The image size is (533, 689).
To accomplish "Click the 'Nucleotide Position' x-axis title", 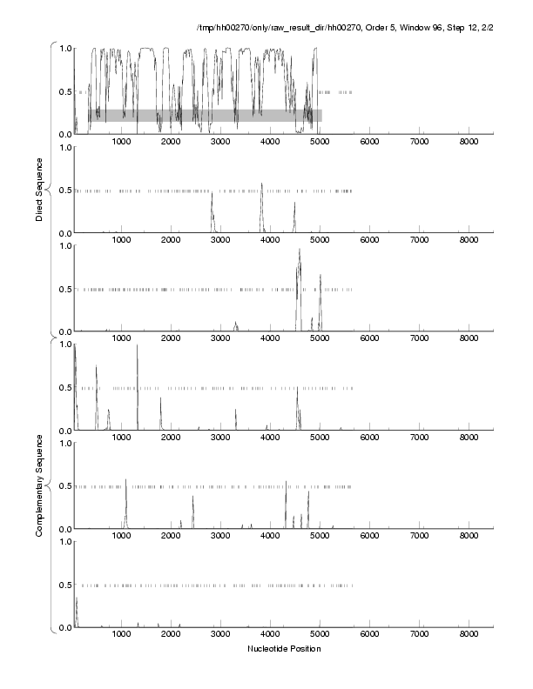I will [284, 648].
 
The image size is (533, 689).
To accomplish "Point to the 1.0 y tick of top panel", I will [64, 49].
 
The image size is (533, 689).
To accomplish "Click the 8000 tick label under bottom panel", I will [469, 635].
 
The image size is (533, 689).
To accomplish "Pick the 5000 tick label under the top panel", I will [320, 142].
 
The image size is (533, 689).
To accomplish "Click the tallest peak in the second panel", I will [261, 184].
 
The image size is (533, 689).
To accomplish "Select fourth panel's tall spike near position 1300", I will [137, 346].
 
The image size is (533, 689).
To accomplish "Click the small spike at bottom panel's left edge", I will [77, 600].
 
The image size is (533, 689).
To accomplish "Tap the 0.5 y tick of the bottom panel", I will [64, 585].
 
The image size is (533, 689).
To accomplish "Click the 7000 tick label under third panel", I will [420, 339].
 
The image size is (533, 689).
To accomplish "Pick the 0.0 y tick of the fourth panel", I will [64, 431].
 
